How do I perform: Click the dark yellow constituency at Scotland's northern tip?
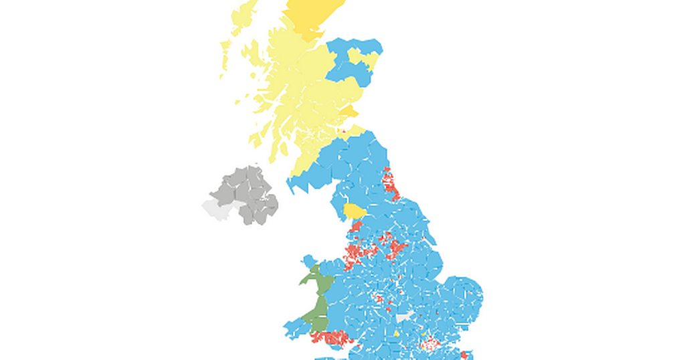pyautogui.click(x=311, y=17)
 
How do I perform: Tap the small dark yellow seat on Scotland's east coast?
pyautogui.click(x=349, y=111)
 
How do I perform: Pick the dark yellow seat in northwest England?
pyautogui.click(x=354, y=212)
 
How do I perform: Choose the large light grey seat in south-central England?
pyautogui.click(x=404, y=316)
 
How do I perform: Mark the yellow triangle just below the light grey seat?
pyautogui.click(x=396, y=333)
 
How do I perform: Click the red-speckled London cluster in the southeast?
pyautogui.click(x=428, y=344)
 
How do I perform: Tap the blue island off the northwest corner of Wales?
pyautogui.click(x=308, y=260)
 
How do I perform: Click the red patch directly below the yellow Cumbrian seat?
pyautogui.click(x=355, y=228)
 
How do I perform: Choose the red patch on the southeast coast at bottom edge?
pyautogui.click(x=464, y=355)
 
